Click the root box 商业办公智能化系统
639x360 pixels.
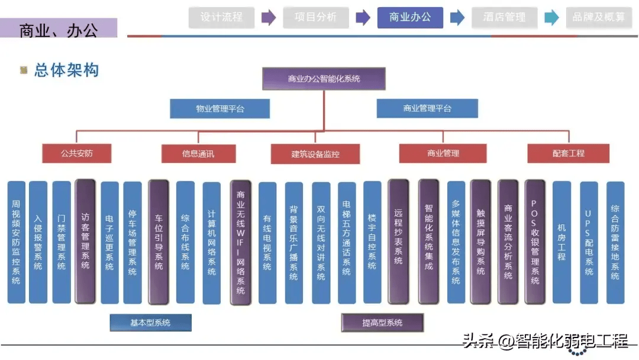324,78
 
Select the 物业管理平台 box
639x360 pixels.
220,108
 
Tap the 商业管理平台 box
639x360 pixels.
427,108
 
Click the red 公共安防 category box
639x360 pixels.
77,153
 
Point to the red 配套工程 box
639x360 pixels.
568,153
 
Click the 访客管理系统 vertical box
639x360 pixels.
85,241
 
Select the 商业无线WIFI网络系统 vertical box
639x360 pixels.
240,242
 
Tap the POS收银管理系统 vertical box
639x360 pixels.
535,242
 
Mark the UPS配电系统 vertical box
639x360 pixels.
589,242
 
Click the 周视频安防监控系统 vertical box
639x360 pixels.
16,242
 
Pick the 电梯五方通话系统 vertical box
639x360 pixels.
347,242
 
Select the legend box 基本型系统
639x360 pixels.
150,323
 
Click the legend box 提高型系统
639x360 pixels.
382,323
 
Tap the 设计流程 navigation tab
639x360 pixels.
221,18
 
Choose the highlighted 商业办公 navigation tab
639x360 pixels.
410,18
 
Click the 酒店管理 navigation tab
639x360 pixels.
504,18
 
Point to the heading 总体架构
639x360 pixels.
66,70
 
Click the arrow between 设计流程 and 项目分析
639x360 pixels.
269,18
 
